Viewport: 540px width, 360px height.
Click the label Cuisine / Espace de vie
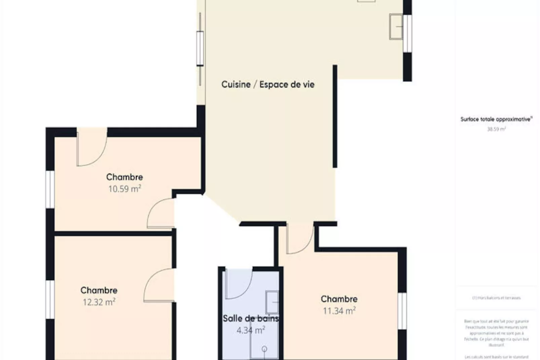[x=268, y=84]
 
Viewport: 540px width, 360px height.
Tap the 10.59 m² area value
[x=124, y=188]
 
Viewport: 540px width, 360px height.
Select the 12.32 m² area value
[x=99, y=302]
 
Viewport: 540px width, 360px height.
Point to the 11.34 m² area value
[x=339, y=311]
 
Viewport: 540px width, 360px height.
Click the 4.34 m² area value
[x=250, y=330]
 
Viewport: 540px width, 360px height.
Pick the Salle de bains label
[x=250, y=318]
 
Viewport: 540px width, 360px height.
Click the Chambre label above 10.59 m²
[x=124, y=177]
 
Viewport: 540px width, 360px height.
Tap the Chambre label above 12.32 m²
[x=99, y=290]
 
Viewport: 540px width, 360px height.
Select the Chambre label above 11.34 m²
[x=339, y=299]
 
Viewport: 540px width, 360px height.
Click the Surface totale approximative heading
[x=496, y=119]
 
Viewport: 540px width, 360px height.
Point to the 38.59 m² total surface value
[x=496, y=129]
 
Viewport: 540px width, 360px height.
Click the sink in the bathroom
[x=272, y=302]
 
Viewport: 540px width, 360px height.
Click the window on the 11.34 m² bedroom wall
[x=402, y=311]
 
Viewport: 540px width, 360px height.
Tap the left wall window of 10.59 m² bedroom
[x=50, y=189]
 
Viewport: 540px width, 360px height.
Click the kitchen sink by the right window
[x=396, y=27]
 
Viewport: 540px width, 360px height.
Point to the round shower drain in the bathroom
[x=264, y=349]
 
